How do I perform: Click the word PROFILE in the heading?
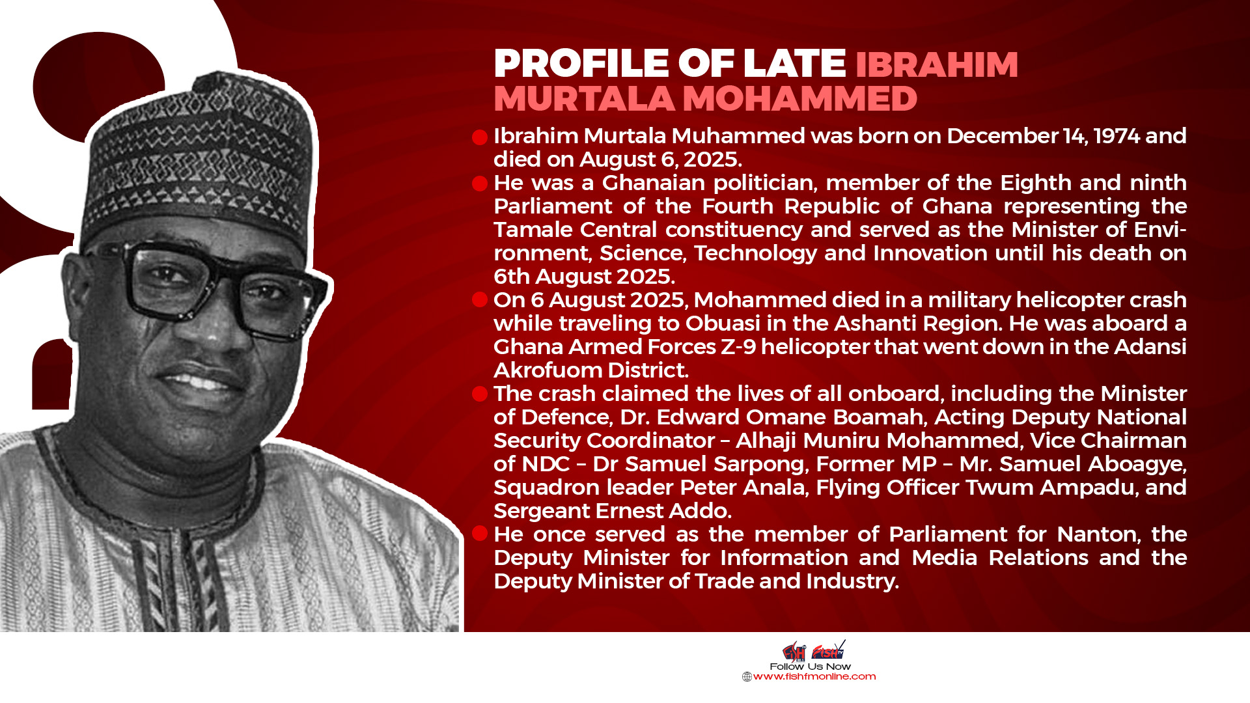click(x=581, y=63)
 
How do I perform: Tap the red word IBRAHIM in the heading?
click(x=937, y=64)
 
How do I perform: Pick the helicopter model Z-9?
click(x=738, y=347)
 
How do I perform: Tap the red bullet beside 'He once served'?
click(x=480, y=534)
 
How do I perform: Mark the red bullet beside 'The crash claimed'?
click(x=480, y=394)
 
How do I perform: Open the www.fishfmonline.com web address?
click(x=814, y=677)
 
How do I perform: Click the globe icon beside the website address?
click(x=747, y=677)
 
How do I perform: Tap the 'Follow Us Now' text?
click(x=810, y=667)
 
